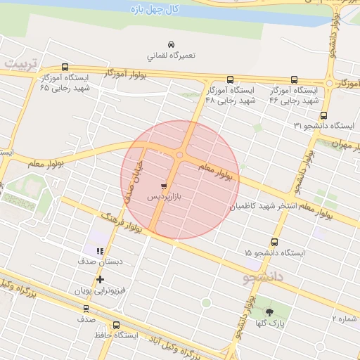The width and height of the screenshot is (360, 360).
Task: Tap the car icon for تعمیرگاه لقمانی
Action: (172, 42)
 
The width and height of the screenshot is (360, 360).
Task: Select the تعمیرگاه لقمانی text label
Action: (171, 54)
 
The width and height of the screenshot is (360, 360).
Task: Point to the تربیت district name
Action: (19, 64)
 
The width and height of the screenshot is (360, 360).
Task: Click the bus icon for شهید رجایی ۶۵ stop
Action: (65, 67)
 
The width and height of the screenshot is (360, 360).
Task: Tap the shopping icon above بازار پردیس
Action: (164, 187)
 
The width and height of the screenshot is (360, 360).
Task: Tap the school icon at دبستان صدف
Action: (101, 250)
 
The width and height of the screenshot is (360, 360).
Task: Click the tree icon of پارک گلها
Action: (269, 311)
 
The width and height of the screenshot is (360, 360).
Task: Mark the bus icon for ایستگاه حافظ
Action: (116, 325)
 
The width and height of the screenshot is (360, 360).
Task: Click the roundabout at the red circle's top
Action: (181, 155)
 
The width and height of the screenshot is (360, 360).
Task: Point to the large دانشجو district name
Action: (263, 278)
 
